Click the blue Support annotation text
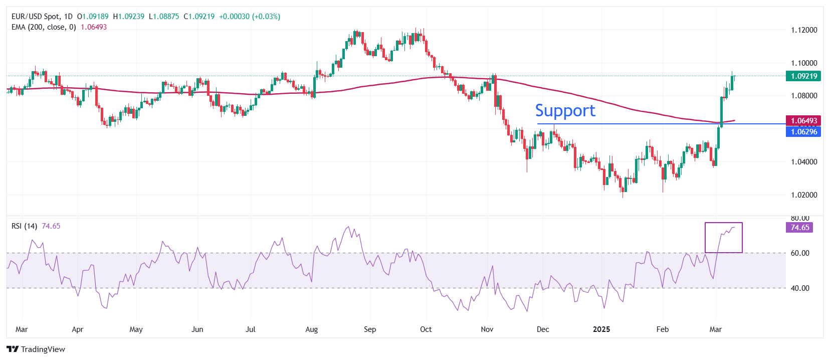(x=565, y=111)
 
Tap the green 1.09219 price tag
(x=803, y=76)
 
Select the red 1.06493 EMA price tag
(x=803, y=121)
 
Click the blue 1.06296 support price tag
(x=803, y=132)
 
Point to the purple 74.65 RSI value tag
(x=799, y=228)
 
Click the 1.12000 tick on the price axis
(x=804, y=30)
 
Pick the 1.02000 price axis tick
(x=804, y=195)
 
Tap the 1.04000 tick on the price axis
(x=804, y=162)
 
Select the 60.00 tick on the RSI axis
(x=800, y=253)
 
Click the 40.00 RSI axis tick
(x=800, y=288)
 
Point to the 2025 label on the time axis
(x=601, y=329)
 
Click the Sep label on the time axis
(x=370, y=329)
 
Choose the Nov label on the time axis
(x=487, y=329)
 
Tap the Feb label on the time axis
(x=663, y=329)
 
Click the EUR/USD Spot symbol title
(x=35, y=17)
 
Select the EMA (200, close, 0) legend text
(x=44, y=27)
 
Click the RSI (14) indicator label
(x=24, y=226)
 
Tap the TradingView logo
(x=36, y=349)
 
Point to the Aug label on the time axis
(x=312, y=329)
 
